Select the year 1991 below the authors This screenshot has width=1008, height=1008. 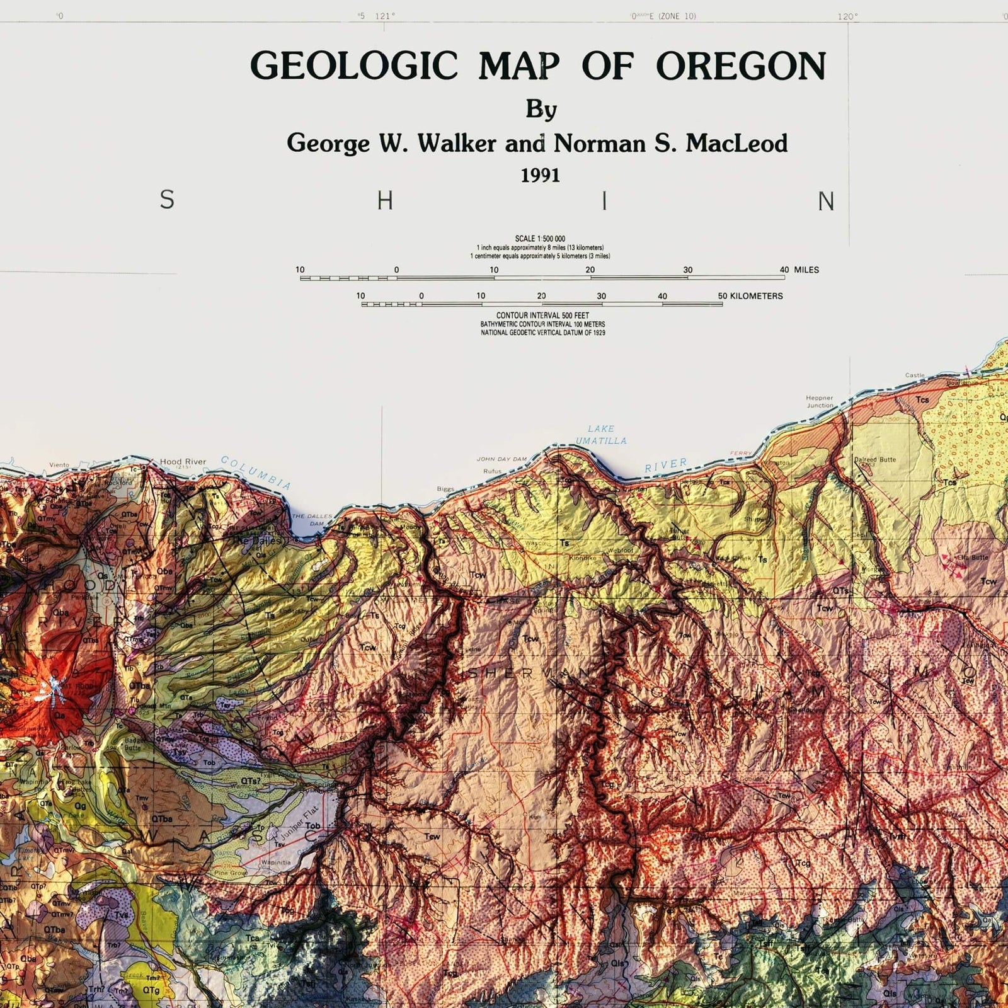[540, 176]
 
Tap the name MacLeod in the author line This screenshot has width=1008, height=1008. [736, 144]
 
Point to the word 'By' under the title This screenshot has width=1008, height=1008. [541, 110]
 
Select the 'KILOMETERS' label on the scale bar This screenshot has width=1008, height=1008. [756, 296]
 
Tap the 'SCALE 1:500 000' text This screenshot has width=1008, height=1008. [540, 239]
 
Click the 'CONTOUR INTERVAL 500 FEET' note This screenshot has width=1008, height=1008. [542, 316]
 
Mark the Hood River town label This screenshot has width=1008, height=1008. [183, 462]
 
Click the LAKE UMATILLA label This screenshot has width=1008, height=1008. [601, 435]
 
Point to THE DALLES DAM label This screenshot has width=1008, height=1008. [312, 520]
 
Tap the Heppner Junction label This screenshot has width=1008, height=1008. [820, 401]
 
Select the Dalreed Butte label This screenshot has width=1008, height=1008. [874, 459]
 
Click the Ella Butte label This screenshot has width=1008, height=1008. [973, 558]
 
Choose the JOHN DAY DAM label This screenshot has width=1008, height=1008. [501, 459]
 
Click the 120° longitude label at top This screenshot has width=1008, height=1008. [847, 17]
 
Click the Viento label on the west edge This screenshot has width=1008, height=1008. [59, 466]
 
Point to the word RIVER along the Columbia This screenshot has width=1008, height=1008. [665, 466]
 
